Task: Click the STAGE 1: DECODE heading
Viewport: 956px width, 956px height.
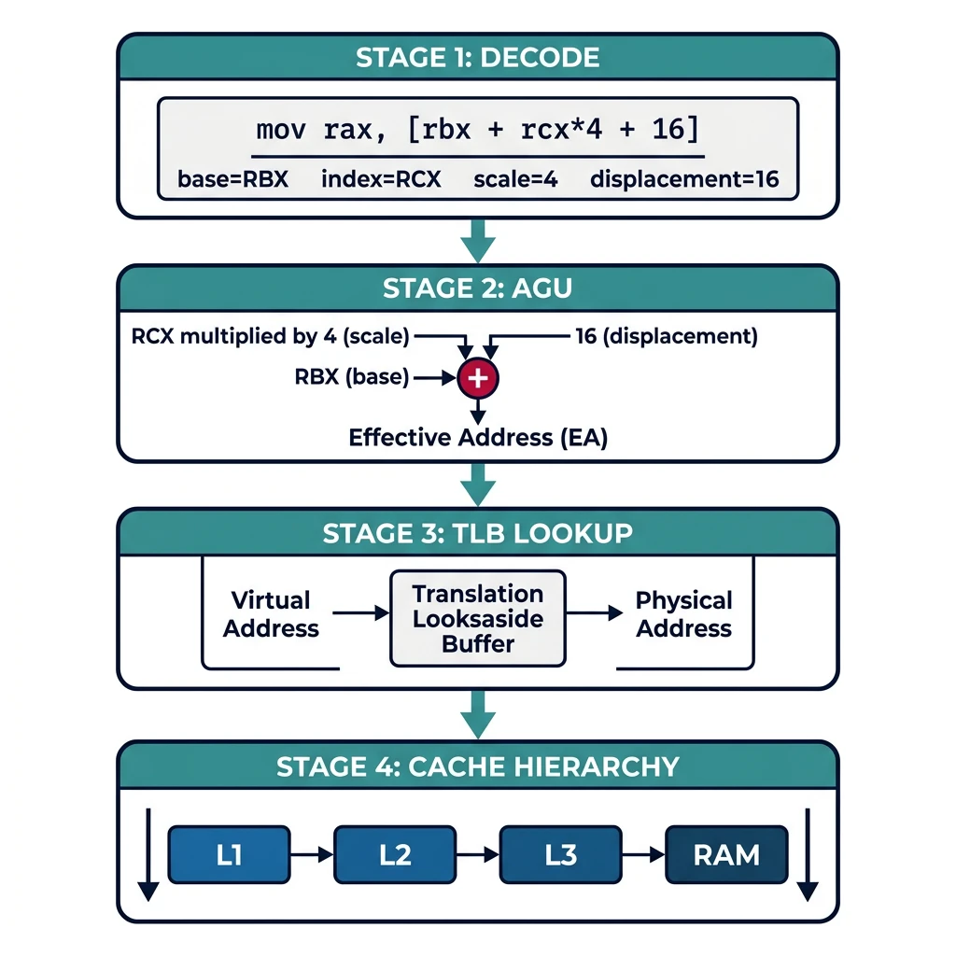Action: pyautogui.click(x=477, y=57)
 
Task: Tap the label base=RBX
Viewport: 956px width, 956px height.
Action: pyautogui.click(x=232, y=179)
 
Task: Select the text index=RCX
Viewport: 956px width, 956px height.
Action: pyautogui.click(x=380, y=179)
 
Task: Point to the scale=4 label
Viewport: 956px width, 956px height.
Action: pyautogui.click(x=515, y=179)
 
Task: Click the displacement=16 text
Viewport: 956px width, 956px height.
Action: pyautogui.click(x=684, y=179)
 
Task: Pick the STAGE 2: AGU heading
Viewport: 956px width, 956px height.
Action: pyautogui.click(x=477, y=288)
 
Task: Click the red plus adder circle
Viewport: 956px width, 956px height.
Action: pyautogui.click(x=478, y=378)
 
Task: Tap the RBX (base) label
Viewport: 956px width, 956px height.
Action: pyautogui.click(x=352, y=378)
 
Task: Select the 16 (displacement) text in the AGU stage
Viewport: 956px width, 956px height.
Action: pyautogui.click(x=666, y=335)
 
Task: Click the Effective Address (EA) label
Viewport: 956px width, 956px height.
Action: pyautogui.click(x=477, y=437)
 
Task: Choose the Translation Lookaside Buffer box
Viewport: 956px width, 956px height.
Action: pyautogui.click(x=478, y=618)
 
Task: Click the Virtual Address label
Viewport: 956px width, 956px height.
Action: pyautogui.click(x=271, y=613)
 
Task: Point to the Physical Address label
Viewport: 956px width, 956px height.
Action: pyautogui.click(x=683, y=613)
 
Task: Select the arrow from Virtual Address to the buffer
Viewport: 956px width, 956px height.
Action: pyautogui.click(x=360, y=613)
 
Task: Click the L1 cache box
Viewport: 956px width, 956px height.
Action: pyautogui.click(x=229, y=854)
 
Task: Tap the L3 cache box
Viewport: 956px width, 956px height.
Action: pyautogui.click(x=561, y=854)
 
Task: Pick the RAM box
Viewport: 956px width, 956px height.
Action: pyautogui.click(x=726, y=854)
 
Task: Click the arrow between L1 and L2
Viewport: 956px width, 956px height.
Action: pyautogui.click(x=312, y=854)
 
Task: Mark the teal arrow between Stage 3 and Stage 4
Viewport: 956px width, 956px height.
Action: pyautogui.click(x=478, y=715)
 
